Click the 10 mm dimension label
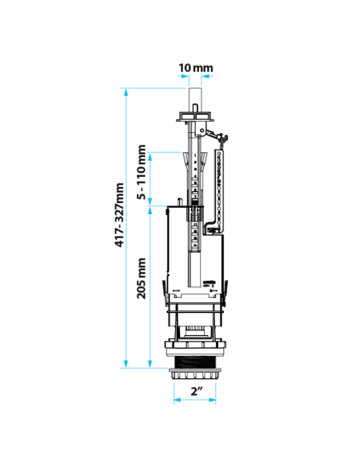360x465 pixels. [195, 68]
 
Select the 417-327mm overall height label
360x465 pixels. [119, 215]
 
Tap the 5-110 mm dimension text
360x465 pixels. [142, 172]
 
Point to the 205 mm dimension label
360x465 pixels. [142, 278]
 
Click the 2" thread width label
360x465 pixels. [196, 391]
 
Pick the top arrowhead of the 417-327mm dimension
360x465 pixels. [126, 92]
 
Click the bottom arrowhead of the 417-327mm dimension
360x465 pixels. [126, 364]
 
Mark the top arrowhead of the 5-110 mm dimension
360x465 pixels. [150, 157]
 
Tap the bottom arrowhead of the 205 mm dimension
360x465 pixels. [150, 364]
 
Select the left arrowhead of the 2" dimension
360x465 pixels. [178, 400]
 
